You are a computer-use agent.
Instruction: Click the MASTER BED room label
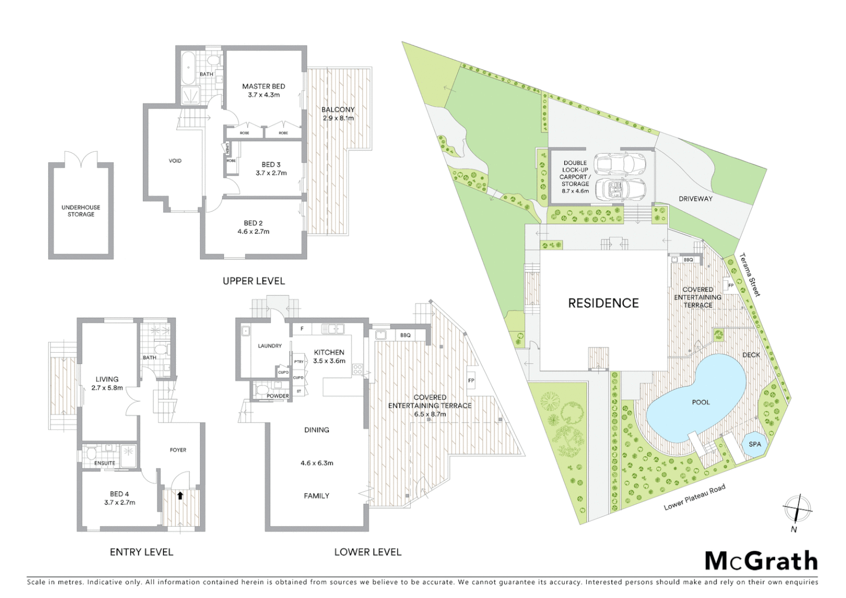(264, 86)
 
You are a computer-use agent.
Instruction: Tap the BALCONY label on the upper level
(338, 110)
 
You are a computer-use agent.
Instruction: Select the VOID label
(175, 161)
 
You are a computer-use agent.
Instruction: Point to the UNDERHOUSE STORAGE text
(81, 211)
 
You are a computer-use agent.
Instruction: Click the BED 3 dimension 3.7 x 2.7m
(271, 173)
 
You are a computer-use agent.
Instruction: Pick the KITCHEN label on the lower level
(329, 352)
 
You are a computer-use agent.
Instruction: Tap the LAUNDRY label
(270, 346)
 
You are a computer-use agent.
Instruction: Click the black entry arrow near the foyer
(180, 496)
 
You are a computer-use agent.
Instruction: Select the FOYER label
(178, 450)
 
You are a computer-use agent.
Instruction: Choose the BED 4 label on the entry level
(120, 494)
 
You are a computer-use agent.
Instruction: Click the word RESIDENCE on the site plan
(603, 303)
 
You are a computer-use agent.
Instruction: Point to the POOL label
(701, 402)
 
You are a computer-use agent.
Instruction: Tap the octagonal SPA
(755, 445)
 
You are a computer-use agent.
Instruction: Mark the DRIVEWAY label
(695, 199)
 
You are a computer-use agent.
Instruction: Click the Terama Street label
(751, 275)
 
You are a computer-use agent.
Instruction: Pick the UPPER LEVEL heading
(254, 281)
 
